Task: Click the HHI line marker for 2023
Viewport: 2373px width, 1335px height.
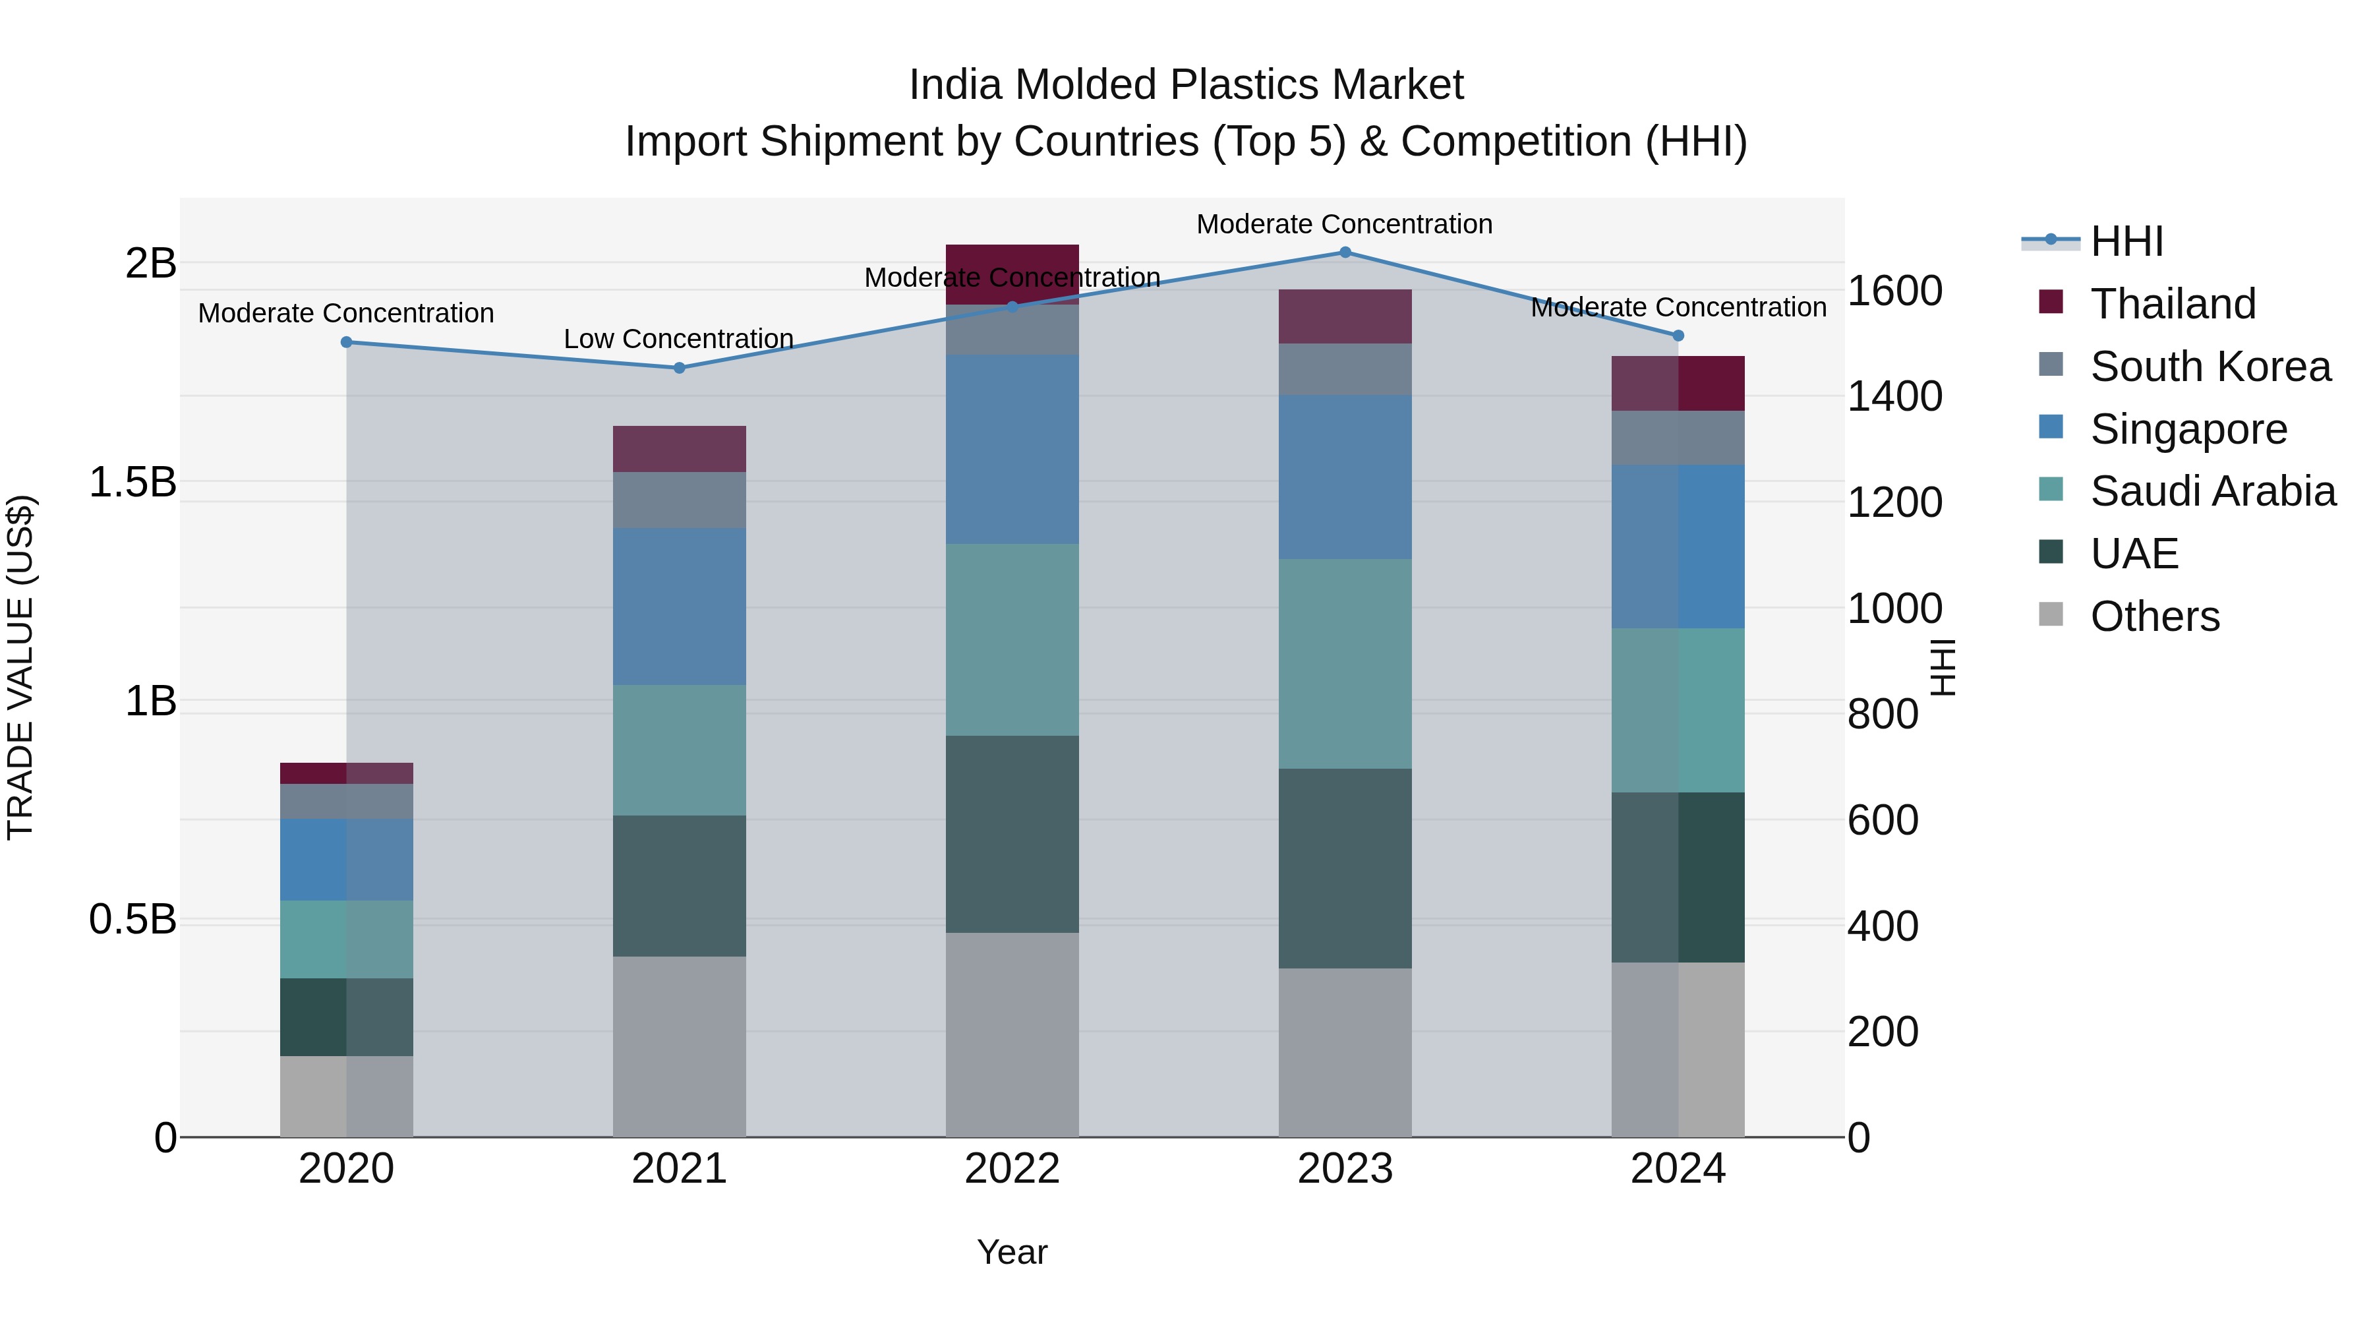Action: point(1345,252)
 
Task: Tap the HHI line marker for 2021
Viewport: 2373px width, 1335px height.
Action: point(679,368)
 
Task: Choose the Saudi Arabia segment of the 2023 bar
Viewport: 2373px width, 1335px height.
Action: point(1345,663)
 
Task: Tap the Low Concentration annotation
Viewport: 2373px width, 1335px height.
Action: point(678,339)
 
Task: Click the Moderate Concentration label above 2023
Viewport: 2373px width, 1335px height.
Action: point(1344,224)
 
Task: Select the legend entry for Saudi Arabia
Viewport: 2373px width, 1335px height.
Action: point(2212,491)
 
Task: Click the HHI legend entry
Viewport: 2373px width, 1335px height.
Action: point(2126,241)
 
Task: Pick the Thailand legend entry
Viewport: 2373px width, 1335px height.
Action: point(2172,304)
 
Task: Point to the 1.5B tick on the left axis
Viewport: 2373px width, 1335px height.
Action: point(132,482)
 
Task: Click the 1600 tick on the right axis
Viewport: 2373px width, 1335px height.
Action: point(1895,291)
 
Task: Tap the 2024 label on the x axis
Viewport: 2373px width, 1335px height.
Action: point(1678,1169)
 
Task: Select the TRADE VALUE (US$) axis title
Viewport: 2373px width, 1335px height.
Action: point(20,667)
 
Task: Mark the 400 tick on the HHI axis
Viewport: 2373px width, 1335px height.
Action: point(1883,926)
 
